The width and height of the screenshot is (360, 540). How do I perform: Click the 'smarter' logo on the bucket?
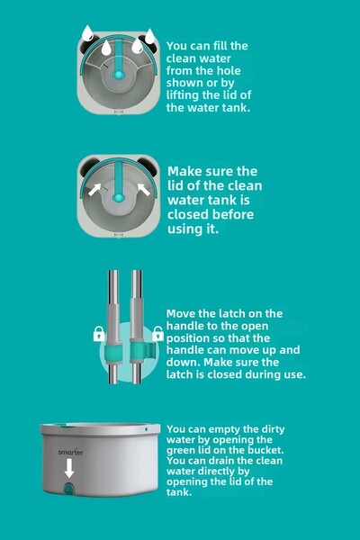click(70, 452)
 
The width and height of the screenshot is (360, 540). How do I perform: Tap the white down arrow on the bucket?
click(69, 469)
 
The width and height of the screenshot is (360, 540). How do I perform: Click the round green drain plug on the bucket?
click(69, 489)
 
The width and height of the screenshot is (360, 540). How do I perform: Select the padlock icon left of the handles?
click(99, 334)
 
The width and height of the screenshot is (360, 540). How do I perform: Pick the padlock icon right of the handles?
click(157, 334)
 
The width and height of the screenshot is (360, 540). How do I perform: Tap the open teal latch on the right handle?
click(142, 351)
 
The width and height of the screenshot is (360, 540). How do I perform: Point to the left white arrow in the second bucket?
click(94, 189)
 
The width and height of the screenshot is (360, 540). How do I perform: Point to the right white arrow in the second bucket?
click(144, 189)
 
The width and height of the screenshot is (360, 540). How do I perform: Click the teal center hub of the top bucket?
click(118, 75)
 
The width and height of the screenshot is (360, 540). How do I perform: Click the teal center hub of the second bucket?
click(118, 198)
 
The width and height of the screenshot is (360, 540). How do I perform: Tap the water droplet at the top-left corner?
click(87, 33)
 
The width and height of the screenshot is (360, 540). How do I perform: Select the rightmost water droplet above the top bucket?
click(150, 36)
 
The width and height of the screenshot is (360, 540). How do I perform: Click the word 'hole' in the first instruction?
click(229, 70)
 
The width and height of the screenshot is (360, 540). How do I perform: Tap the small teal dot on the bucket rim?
click(147, 429)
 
